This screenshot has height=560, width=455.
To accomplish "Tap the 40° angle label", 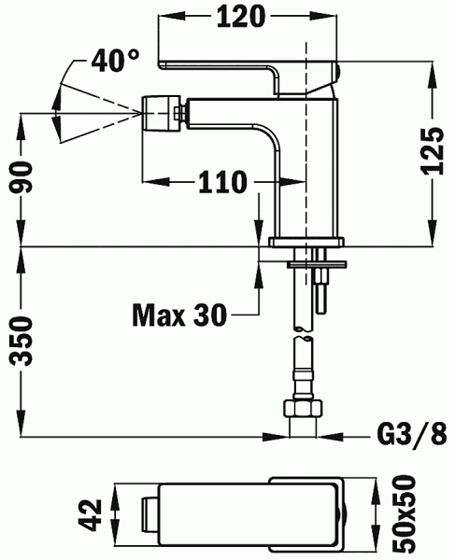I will click(117, 61).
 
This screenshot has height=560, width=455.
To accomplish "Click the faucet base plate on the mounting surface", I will click(306, 244).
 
